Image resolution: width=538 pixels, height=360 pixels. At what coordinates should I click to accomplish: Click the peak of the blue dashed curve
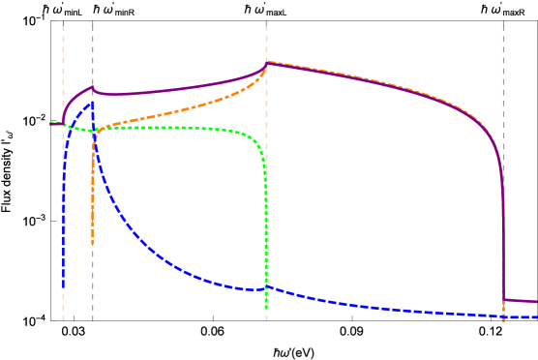[92, 102]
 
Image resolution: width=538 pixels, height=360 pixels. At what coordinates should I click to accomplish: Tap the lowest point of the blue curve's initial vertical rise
[64, 287]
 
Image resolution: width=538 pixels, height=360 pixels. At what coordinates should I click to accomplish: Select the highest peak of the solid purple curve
[266, 63]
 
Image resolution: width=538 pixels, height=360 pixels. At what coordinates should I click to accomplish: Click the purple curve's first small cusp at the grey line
[93, 88]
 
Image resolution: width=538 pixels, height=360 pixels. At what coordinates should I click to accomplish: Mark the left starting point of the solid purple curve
[50, 123]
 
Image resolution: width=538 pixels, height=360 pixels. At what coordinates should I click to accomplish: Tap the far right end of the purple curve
[536, 302]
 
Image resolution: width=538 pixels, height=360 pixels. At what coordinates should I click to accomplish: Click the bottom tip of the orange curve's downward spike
[93, 244]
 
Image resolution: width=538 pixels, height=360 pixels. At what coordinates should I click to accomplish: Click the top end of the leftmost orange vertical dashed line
[64, 26]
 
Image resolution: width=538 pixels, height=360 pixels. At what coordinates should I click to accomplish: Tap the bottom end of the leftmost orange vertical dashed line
[64, 320]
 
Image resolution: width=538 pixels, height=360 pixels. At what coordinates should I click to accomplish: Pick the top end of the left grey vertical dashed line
[93, 26]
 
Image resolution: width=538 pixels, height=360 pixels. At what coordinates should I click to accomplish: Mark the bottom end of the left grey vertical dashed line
[93, 320]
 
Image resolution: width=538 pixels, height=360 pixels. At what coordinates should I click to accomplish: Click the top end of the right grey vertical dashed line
[503, 26]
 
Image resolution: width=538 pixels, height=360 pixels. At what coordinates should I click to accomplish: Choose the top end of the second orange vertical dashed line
[266, 26]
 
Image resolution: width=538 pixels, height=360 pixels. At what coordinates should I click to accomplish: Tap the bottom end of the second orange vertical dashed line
[266, 320]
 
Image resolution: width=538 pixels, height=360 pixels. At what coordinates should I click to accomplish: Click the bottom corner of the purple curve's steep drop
[503, 300]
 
